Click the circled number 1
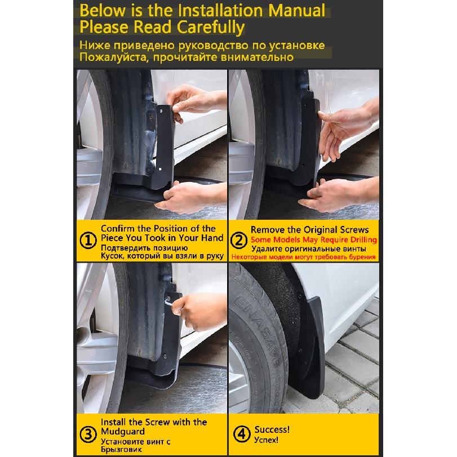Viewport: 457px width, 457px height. click(88, 241)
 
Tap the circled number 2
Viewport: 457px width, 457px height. click(238, 241)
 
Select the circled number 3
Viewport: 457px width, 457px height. click(88, 434)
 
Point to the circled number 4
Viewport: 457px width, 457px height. click(242, 434)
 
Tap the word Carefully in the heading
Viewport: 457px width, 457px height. click(211, 28)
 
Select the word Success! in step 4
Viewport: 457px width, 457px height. click(272, 429)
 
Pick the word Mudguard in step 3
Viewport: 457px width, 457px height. click(123, 432)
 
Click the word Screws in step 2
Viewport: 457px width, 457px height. click(353, 230)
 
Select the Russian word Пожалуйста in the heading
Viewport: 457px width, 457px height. click(114, 57)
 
